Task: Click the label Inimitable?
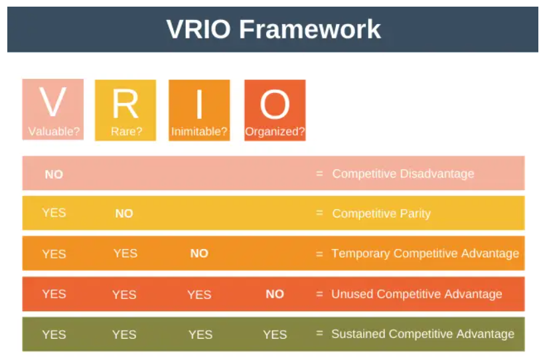(x=199, y=132)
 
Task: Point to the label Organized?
(x=275, y=132)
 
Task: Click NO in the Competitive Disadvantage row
(x=54, y=174)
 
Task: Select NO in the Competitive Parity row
(x=124, y=213)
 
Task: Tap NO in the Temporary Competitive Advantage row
(x=199, y=253)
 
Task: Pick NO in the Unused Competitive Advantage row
(x=275, y=294)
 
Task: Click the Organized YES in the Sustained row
(x=275, y=334)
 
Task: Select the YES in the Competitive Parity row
(x=54, y=213)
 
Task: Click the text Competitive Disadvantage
(x=403, y=173)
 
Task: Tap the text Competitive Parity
(x=381, y=213)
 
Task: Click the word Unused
(x=351, y=294)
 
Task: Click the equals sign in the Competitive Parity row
(x=319, y=213)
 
